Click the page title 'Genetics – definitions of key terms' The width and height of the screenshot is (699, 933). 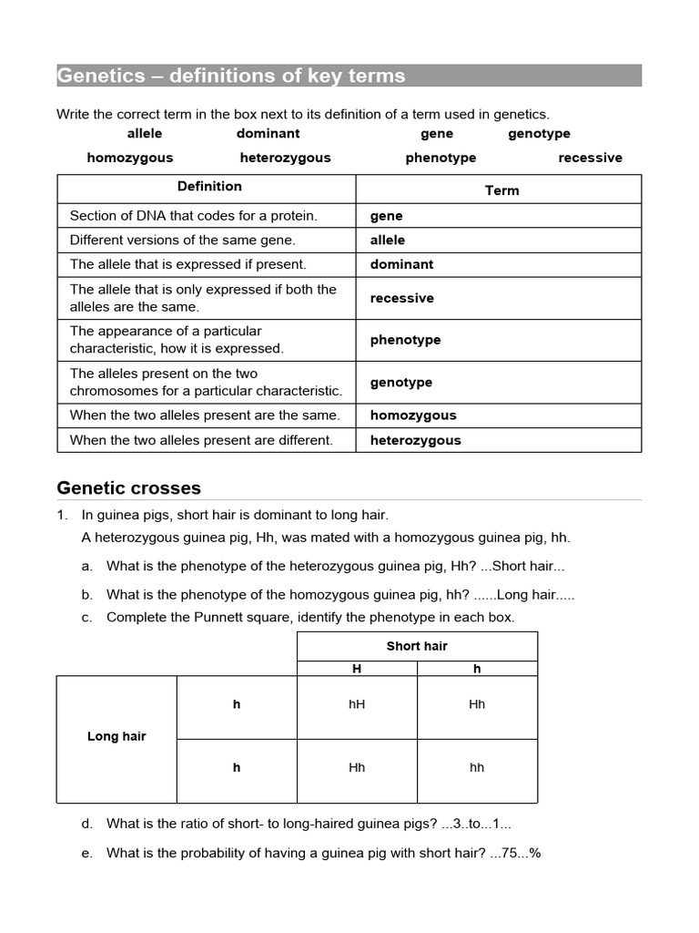tap(231, 76)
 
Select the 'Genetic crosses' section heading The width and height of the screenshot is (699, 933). tap(128, 487)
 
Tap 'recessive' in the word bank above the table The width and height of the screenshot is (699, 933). tap(590, 158)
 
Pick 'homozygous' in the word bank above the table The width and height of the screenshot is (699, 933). tap(129, 158)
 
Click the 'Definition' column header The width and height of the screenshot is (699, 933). tap(209, 187)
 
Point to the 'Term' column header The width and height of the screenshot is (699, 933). tap(501, 190)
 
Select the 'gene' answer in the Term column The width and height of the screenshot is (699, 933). tap(386, 216)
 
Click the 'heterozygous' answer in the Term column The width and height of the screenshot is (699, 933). tap(415, 440)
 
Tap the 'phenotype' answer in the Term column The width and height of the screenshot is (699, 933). tap(405, 340)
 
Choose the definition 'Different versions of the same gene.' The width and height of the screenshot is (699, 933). tap(183, 241)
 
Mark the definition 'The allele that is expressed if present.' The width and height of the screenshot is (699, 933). tap(188, 264)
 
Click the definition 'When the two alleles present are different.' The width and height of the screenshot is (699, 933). tap(201, 440)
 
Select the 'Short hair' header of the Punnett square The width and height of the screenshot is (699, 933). tap(417, 646)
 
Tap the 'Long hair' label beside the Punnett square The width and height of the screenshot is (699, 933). tap(116, 736)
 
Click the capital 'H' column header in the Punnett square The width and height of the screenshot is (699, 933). tap(357, 669)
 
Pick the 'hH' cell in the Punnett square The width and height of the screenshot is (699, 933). tap(357, 704)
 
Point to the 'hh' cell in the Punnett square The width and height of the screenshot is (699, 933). tap(477, 767)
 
